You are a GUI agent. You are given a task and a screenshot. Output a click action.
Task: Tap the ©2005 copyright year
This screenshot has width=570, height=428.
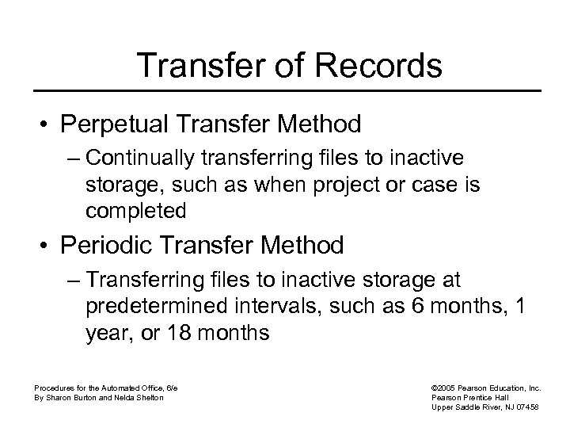[x=445, y=388]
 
